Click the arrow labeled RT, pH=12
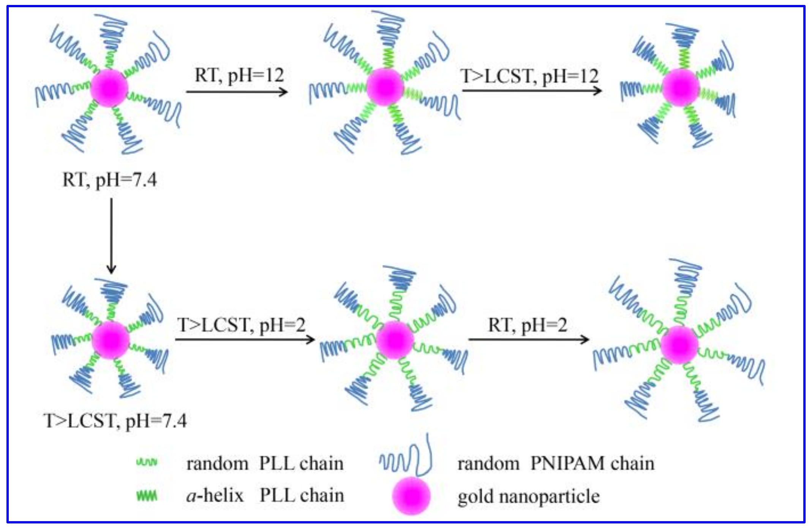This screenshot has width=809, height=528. (x=236, y=92)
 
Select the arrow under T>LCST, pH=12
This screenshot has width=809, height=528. (x=532, y=90)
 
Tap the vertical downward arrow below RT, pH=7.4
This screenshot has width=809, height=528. (x=111, y=236)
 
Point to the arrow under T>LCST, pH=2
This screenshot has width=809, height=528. (x=245, y=339)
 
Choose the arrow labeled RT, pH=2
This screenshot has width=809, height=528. (x=529, y=339)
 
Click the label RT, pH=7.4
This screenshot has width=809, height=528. (x=109, y=180)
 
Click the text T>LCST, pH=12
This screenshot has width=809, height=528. (x=530, y=76)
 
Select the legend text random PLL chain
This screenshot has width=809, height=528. (x=265, y=464)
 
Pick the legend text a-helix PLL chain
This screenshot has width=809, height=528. (x=265, y=496)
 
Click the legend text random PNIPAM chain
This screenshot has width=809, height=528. (x=556, y=464)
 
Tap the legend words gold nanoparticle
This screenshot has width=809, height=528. (x=528, y=496)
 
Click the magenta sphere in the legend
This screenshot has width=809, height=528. (x=411, y=496)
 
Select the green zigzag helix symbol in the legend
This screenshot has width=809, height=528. (x=147, y=496)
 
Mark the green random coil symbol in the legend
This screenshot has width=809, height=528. (x=147, y=463)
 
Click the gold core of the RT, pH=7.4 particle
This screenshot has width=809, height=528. (x=109, y=88)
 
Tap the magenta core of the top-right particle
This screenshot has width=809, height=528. (x=680, y=87)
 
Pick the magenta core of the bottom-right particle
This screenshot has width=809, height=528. (x=679, y=345)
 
